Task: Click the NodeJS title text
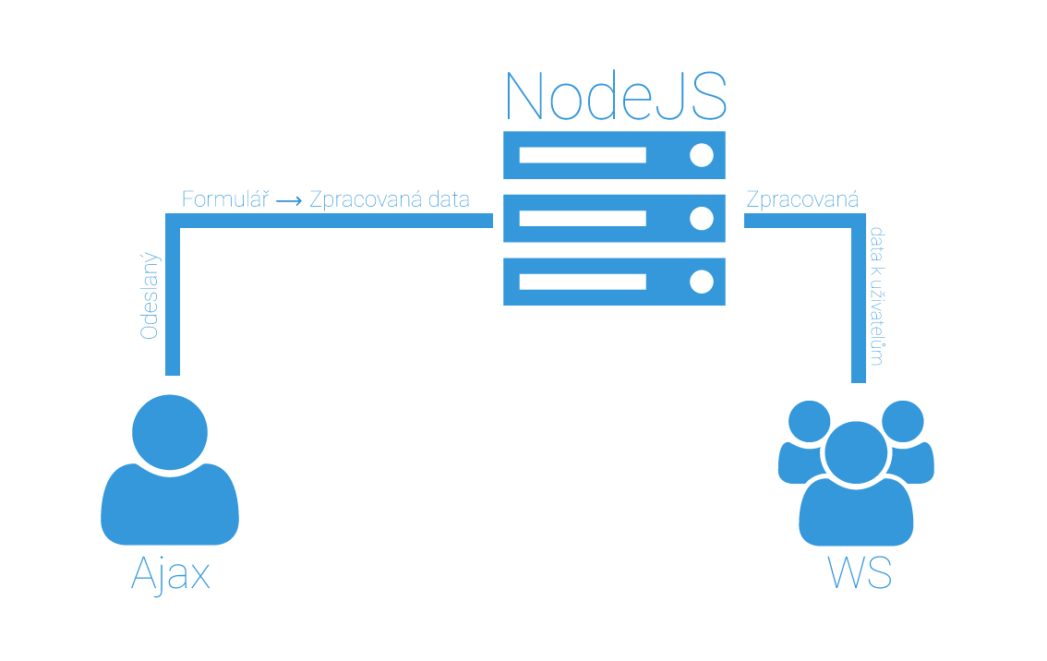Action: pyautogui.click(x=615, y=94)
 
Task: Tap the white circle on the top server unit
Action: pyautogui.click(x=702, y=155)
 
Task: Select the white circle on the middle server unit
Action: pyautogui.click(x=702, y=219)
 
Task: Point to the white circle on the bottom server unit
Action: pyautogui.click(x=702, y=282)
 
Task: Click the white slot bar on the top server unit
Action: pyautogui.click(x=582, y=155)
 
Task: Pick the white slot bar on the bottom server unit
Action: pyautogui.click(x=582, y=282)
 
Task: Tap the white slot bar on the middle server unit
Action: pyautogui.click(x=582, y=219)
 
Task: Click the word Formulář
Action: pyautogui.click(x=224, y=199)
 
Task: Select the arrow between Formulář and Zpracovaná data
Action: pyautogui.click(x=289, y=200)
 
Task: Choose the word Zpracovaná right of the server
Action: pyautogui.click(x=802, y=199)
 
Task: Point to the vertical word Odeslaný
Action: pyautogui.click(x=149, y=296)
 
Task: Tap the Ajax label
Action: pyautogui.click(x=171, y=574)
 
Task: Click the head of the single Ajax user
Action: pyautogui.click(x=170, y=431)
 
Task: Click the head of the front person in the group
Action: pyautogui.click(x=856, y=451)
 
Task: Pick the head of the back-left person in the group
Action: pyautogui.click(x=810, y=421)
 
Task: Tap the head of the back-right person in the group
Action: pyautogui.click(x=903, y=421)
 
